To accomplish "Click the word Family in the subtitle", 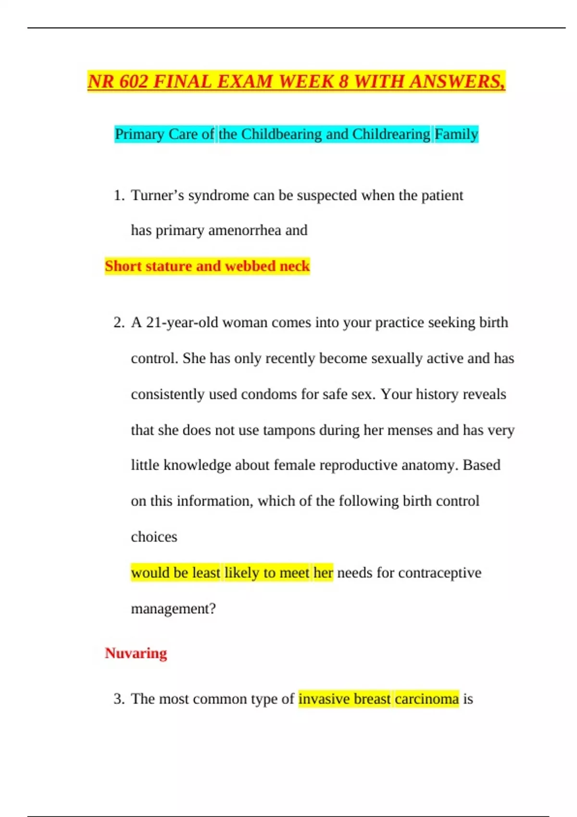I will coord(456,134).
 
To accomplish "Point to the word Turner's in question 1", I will coord(157,196).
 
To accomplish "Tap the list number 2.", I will coord(118,322).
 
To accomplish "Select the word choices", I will coord(154,537).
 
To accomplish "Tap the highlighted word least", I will coord(206,573).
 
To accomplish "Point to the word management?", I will coord(173,609).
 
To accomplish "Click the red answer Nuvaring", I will coord(136,653).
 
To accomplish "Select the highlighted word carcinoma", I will coord(426,699).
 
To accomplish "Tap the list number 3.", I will coord(118,699).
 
